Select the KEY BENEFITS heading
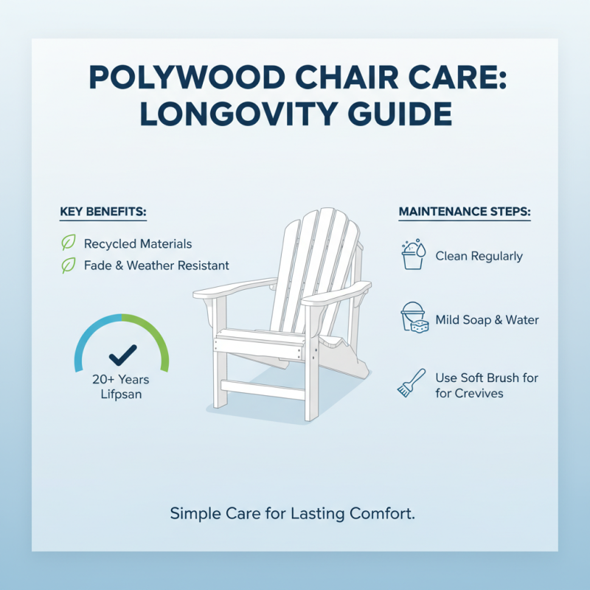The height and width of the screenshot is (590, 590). click(x=103, y=212)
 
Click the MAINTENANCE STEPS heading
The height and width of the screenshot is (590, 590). click(x=465, y=212)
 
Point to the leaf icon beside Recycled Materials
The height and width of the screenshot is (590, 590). click(x=68, y=243)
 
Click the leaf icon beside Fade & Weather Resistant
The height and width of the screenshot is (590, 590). click(x=68, y=265)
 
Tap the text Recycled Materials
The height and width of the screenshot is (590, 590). click(x=138, y=243)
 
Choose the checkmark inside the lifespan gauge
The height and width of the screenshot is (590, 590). click(x=121, y=355)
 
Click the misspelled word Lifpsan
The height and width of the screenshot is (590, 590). click(x=121, y=395)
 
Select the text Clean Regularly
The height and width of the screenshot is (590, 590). click(x=479, y=257)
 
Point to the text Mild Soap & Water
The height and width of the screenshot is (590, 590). click(x=487, y=320)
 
